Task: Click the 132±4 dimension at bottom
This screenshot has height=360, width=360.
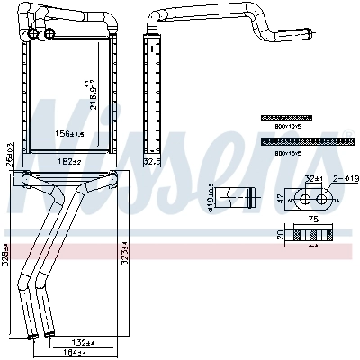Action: pos(84,343)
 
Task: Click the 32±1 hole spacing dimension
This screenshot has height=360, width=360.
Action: pos(312,179)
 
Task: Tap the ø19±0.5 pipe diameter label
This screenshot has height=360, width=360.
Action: pos(211,199)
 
